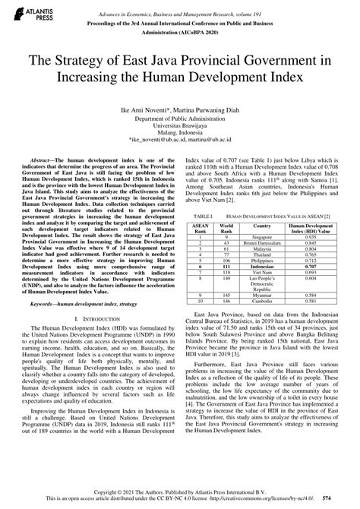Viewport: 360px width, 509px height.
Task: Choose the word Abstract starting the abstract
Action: [40, 163]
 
